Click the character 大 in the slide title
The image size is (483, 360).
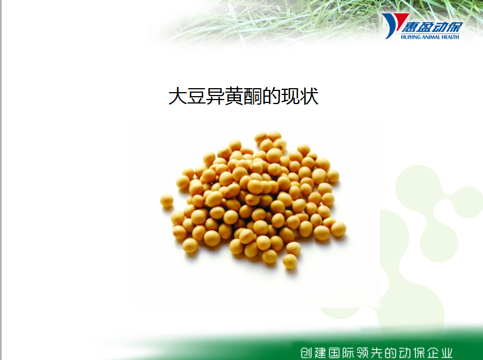click(x=177, y=96)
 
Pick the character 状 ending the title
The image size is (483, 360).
click(x=309, y=96)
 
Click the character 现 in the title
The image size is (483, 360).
click(x=290, y=96)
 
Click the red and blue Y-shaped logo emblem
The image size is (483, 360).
click(x=394, y=25)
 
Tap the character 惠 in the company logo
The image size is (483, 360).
click(x=410, y=27)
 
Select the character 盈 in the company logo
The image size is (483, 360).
click(x=424, y=27)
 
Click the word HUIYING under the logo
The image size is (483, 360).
click(x=411, y=37)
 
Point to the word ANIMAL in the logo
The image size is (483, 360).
click(x=431, y=37)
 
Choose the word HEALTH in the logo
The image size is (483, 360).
click(x=450, y=37)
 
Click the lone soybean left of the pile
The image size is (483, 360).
click(x=167, y=201)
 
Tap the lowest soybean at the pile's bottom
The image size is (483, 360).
click(x=290, y=261)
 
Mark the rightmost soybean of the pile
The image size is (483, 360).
click(x=338, y=229)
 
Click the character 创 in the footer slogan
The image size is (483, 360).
click(x=308, y=353)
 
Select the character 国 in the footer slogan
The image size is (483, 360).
click(x=336, y=353)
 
